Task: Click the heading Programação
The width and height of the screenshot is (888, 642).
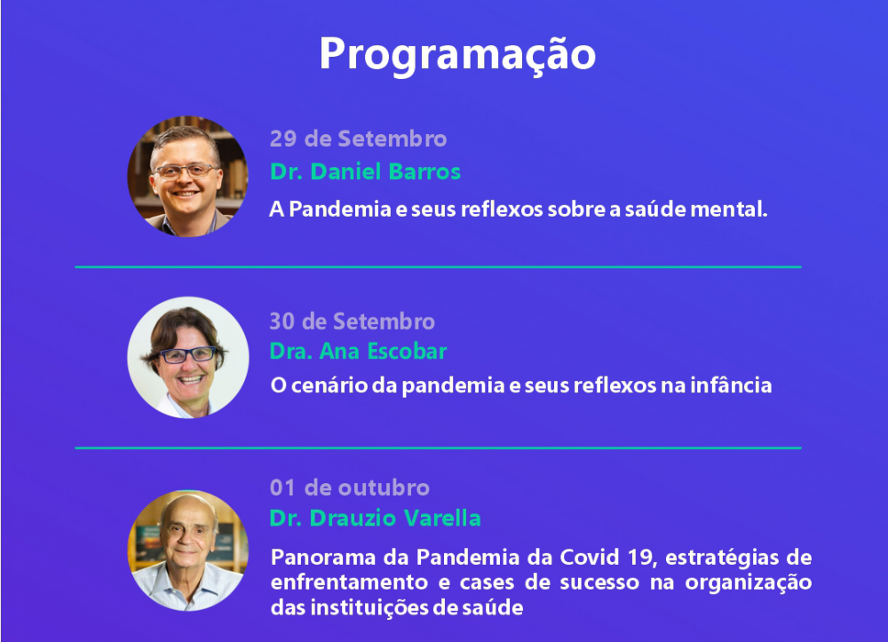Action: (x=457, y=55)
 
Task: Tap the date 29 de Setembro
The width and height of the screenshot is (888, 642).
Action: (x=359, y=139)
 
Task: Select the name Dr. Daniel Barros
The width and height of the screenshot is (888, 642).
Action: (x=365, y=171)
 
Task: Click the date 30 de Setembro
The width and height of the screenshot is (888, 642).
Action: (x=353, y=321)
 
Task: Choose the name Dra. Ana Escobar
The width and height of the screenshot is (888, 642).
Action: (x=359, y=352)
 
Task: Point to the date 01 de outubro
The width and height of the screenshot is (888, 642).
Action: (x=350, y=488)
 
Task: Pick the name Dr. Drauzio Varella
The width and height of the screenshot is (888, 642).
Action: (x=375, y=518)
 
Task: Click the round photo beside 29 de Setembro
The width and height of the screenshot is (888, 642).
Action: (x=187, y=176)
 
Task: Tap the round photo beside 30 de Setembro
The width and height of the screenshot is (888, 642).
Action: (x=188, y=357)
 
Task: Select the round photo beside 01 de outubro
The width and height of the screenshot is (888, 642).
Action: (x=188, y=551)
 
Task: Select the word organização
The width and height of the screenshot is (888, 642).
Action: (x=749, y=583)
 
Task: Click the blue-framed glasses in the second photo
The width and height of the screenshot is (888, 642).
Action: (x=187, y=355)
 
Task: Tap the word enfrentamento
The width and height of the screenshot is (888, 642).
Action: (x=349, y=583)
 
